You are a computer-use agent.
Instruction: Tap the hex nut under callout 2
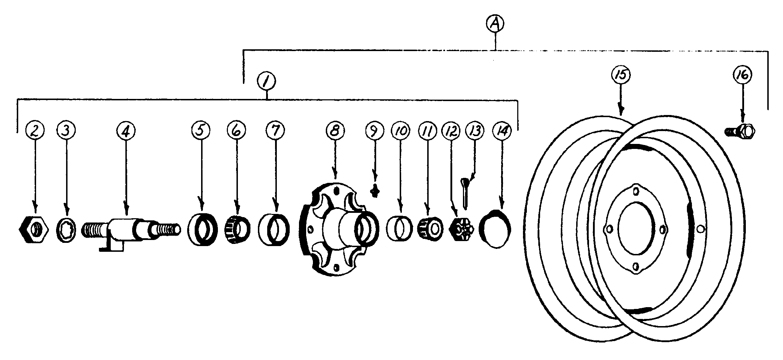pyautogui.click(x=33, y=229)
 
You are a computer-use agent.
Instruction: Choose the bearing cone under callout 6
pyautogui.click(x=237, y=229)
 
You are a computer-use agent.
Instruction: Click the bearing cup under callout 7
pyautogui.click(x=274, y=229)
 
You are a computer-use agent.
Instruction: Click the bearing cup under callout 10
pyautogui.click(x=399, y=229)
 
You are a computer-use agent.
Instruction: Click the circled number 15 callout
pyautogui.click(x=620, y=75)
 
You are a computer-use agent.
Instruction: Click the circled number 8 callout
pyautogui.click(x=335, y=130)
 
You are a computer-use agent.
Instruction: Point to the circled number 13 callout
pyautogui.click(x=475, y=131)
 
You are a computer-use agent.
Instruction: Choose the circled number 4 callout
pyautogui.click(x=125, y=131)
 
